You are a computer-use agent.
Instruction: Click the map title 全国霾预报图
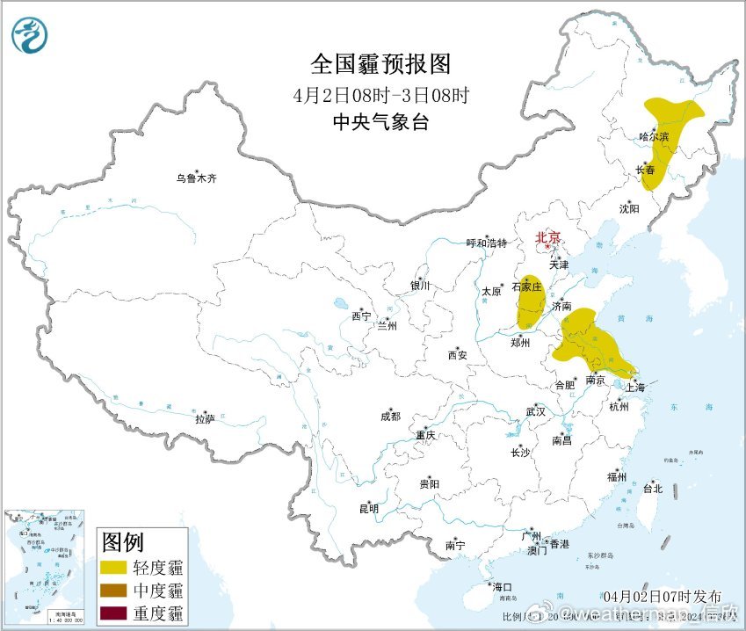(380, 63)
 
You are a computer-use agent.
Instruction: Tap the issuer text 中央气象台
(380, 123)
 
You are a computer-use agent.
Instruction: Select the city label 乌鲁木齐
(195, 178)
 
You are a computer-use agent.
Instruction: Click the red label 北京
(548, 237)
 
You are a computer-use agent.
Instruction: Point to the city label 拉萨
(205, 419)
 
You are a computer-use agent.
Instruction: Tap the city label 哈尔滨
(654, 137)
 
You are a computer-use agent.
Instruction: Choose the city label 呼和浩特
(486, 243)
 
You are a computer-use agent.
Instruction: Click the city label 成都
(390, 417)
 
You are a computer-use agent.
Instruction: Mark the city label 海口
(502, 586)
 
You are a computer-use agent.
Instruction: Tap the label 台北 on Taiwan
(653, 488)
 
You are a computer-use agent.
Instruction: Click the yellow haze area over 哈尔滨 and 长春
(670, 123)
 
